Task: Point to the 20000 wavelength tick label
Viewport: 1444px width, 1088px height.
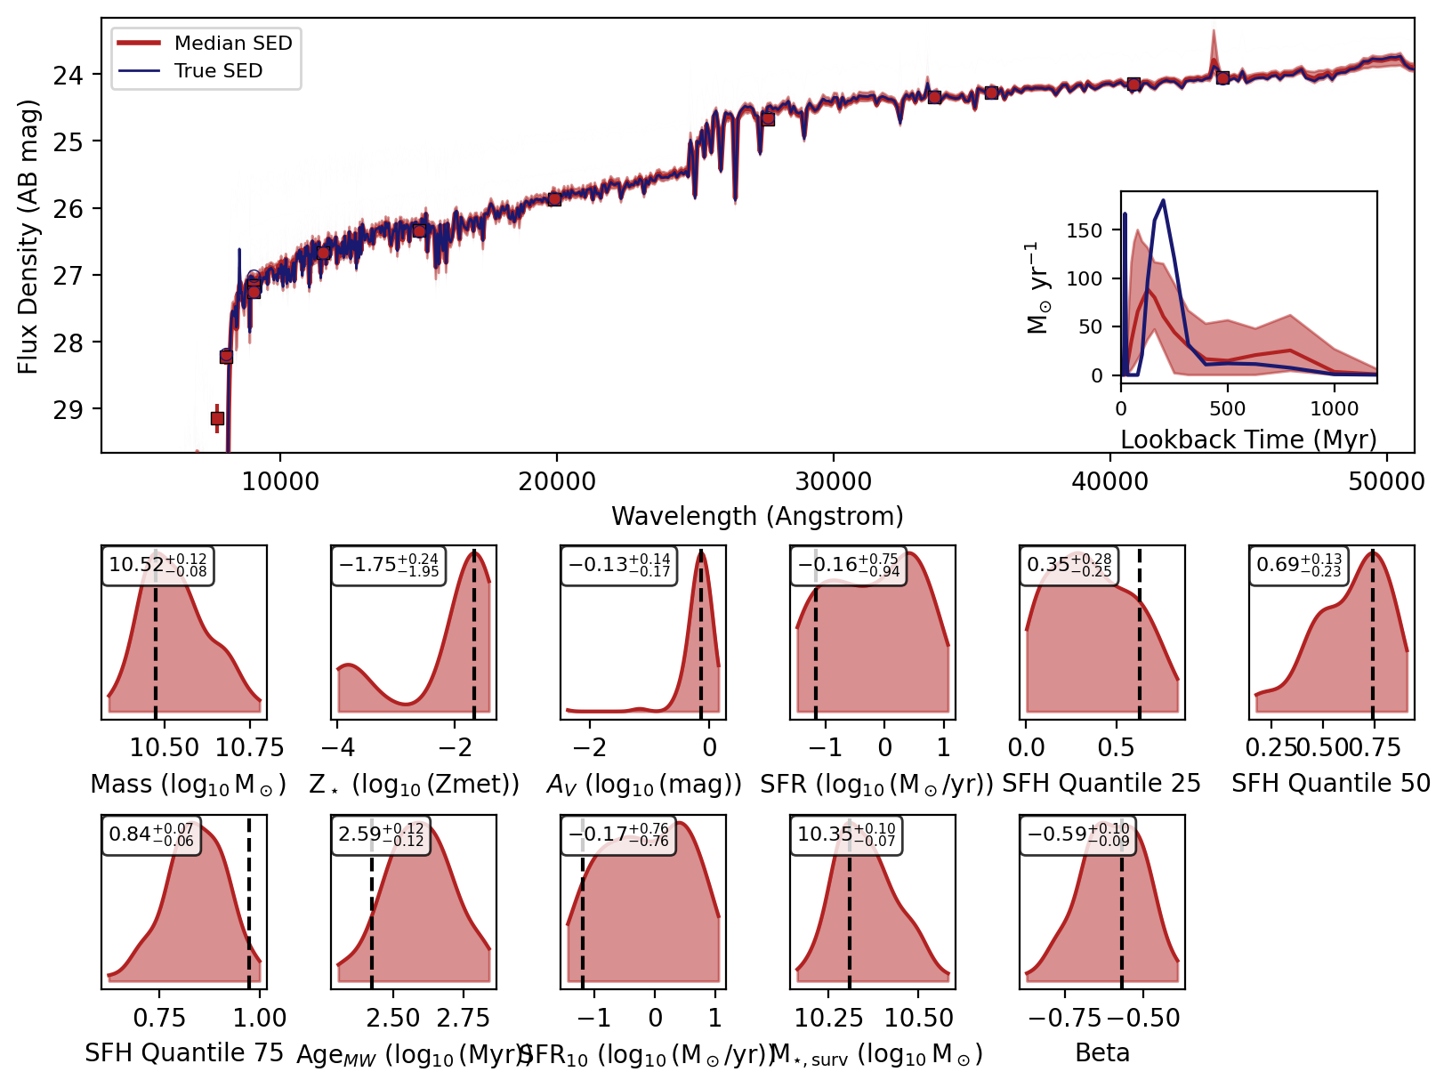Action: point(557,481)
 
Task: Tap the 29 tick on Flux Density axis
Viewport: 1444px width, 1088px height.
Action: point(69,410)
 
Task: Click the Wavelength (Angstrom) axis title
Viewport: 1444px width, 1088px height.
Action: point(757,516)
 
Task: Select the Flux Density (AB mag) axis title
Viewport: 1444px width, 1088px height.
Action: point(28,237)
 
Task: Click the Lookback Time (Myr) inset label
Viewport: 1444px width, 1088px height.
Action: point(1248,439)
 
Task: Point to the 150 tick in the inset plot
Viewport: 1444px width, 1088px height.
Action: point(1084,230)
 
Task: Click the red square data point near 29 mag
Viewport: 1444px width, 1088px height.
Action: point(217,418)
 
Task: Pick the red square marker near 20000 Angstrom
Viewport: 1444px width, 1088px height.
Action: point(554,199)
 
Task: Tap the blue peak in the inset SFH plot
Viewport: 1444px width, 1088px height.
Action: point(1164,202)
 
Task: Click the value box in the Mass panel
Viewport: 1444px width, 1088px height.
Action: point(157,566)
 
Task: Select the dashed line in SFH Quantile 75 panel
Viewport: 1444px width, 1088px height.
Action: point(248,899)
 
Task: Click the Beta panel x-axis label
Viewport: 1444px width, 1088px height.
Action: point(1101,1053)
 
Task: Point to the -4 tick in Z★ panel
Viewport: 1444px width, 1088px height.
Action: point(338,747)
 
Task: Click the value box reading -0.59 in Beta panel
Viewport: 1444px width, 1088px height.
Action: point(1077,835)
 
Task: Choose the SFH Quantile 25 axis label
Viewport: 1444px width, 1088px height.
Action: point(1101,784)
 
